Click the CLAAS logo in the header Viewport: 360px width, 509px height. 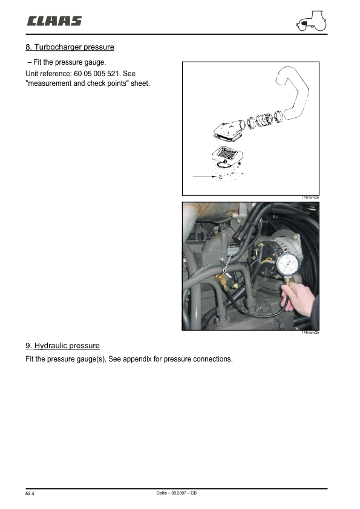click(x=54, y=22)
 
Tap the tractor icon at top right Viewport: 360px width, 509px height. click(x=311, y=22)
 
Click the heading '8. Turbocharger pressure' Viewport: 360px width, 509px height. click(x=70, y=47)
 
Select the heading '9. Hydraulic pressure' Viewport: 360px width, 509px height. click(x=62, y=346)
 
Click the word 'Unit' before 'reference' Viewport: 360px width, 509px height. click(x=33, y=73)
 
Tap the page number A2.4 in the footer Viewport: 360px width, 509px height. click(x=30, y=494)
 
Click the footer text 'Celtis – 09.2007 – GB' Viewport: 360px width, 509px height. click(x=176, y=493)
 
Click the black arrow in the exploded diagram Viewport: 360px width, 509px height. click(x=203, y=176)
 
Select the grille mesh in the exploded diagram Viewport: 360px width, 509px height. click(x=226, y=154)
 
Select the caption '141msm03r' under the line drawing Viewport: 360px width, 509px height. click(x=310, y=198)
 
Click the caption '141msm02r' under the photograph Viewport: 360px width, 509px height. click(x=310, y=333)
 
